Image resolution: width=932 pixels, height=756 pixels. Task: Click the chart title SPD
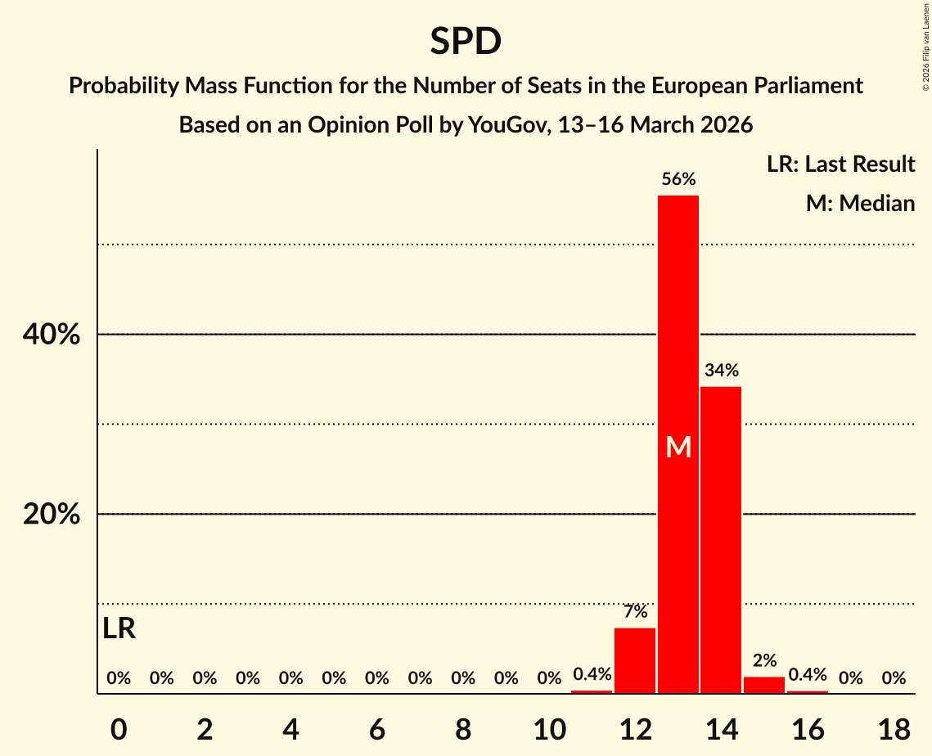point(466,41)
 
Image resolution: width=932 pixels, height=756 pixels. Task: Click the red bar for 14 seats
point(721,540)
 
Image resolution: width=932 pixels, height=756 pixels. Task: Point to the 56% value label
point(678,179)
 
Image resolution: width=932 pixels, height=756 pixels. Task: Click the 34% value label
point(721,370)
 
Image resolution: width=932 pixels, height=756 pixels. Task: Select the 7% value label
point(635,611)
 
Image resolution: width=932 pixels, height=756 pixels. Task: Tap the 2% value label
point(764,660)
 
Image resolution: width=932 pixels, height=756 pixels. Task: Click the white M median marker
point(678,448)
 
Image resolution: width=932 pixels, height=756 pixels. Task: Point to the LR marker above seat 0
point(119,629)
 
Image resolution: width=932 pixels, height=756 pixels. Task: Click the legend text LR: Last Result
point(840,164)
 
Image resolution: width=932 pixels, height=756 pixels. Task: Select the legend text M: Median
point(860,203)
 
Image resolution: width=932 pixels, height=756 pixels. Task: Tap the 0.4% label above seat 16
point(808,675)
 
